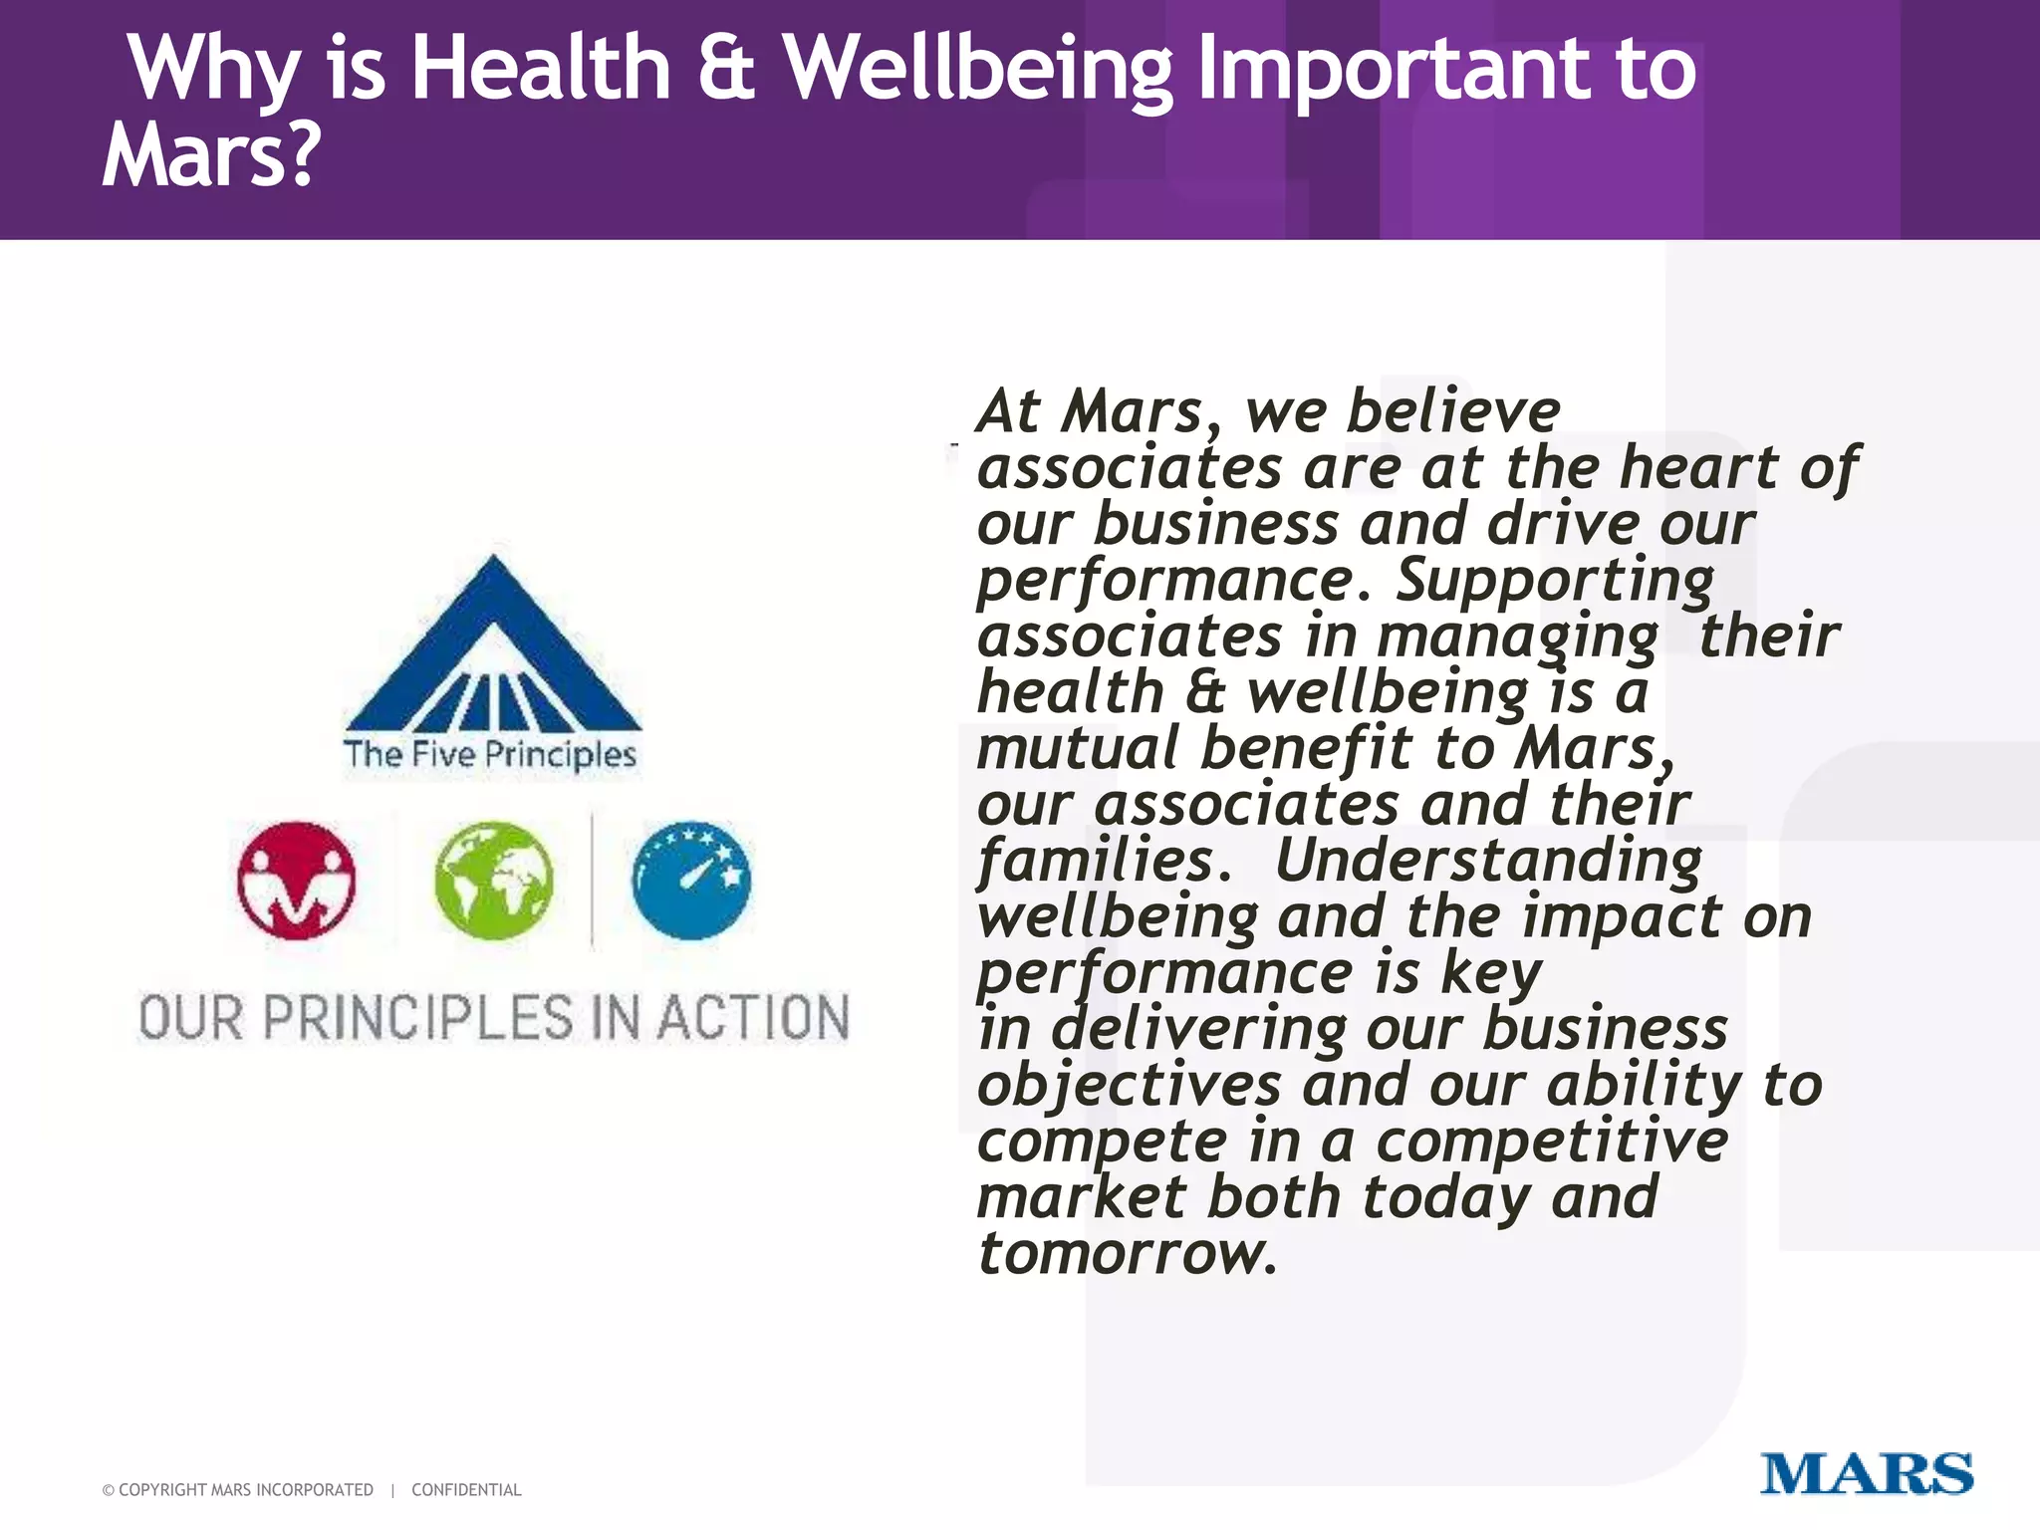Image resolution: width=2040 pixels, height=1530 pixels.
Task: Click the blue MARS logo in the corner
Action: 1866,1473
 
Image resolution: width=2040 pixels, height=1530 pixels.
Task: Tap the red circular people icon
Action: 296,881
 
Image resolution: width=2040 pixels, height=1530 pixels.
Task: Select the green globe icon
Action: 493,881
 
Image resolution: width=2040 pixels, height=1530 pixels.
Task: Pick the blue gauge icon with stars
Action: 691,881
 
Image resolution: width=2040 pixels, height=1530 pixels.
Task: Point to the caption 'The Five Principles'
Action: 489,754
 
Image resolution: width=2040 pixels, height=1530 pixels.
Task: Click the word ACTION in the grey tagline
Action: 753,1018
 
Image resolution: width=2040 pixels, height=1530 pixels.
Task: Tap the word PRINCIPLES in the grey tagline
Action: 418,1018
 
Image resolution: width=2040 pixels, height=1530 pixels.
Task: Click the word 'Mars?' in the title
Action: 211,154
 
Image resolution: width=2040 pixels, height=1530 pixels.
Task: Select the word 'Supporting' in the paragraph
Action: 1554,581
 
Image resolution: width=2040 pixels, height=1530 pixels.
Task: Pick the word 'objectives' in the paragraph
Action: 1129,1085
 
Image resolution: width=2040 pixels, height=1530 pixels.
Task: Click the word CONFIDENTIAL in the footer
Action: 466,1490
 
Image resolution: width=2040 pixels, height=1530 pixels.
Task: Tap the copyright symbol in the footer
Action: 108,1490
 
